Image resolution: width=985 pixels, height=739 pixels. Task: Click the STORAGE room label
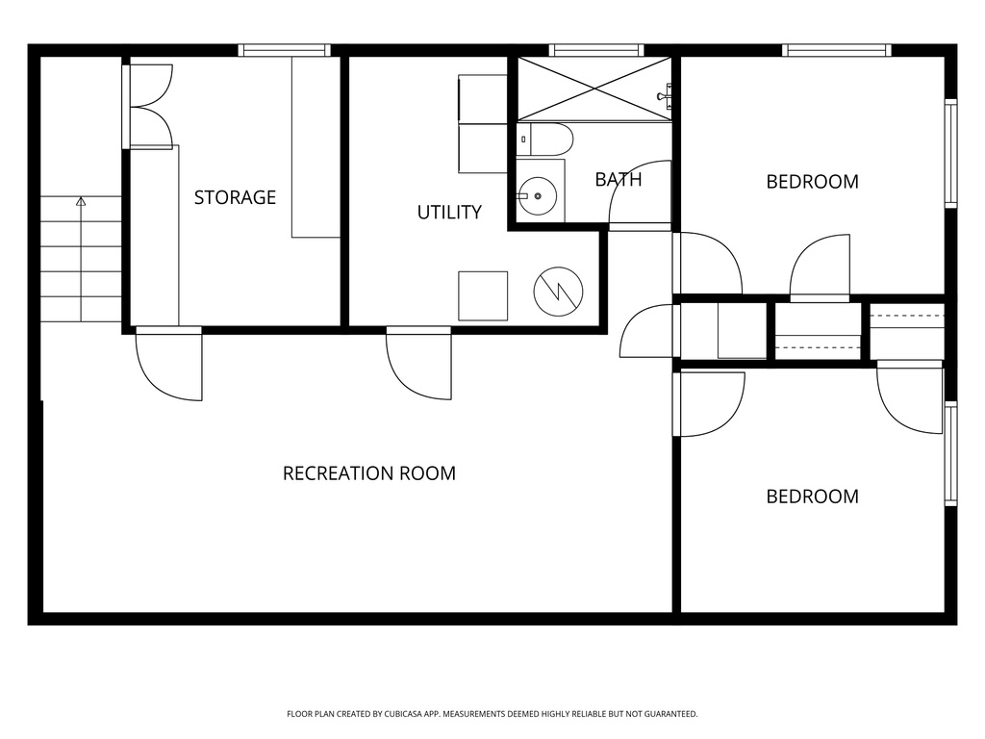(235, 197)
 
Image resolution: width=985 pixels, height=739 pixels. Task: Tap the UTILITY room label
(449, 213)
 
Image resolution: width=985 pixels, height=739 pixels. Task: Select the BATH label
(618, 179)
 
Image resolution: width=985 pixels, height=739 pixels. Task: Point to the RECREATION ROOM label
(369, 473)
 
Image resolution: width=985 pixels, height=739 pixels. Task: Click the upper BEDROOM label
(812, 182)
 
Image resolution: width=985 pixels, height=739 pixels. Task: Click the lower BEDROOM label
(812, 497)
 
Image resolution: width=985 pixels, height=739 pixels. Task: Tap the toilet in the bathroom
(545, 140)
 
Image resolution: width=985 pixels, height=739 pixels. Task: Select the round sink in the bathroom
(538, 196)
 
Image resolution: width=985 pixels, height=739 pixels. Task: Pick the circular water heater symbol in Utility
(559, 290)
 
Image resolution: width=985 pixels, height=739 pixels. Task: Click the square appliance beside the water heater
(483, 295)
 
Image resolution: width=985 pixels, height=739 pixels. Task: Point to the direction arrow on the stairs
(81, 202)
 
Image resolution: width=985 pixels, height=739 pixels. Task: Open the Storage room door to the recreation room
(169, 364)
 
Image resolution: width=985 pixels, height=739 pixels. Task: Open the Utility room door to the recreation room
(419, 363)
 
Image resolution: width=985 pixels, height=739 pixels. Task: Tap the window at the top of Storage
(285, 50)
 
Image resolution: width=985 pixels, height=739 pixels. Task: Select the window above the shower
(596, 50)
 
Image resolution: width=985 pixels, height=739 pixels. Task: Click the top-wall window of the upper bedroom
(837, 50)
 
